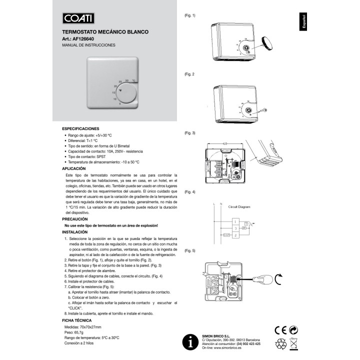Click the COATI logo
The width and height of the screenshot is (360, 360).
78,18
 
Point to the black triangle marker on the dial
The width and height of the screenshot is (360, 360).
120,90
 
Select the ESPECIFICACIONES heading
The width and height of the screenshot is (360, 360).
80,129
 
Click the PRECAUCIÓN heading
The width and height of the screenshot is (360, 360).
75,219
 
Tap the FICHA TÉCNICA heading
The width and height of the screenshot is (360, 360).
76,320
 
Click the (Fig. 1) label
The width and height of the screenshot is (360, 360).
190,15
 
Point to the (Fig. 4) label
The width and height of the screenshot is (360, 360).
190,192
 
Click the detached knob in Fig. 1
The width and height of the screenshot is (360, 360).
267,43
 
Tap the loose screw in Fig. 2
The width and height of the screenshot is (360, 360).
263,110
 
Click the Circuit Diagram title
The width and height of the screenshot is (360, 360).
239,207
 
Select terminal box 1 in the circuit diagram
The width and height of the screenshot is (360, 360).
235,221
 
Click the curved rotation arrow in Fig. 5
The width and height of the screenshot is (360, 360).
277,279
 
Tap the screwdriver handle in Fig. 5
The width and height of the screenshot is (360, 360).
262,279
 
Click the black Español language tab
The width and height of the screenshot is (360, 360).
303,22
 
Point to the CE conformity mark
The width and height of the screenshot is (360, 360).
281,330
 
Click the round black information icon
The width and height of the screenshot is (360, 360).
190,342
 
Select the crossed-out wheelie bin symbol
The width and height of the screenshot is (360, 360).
293,344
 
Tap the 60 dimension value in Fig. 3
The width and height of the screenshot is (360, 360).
225,143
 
